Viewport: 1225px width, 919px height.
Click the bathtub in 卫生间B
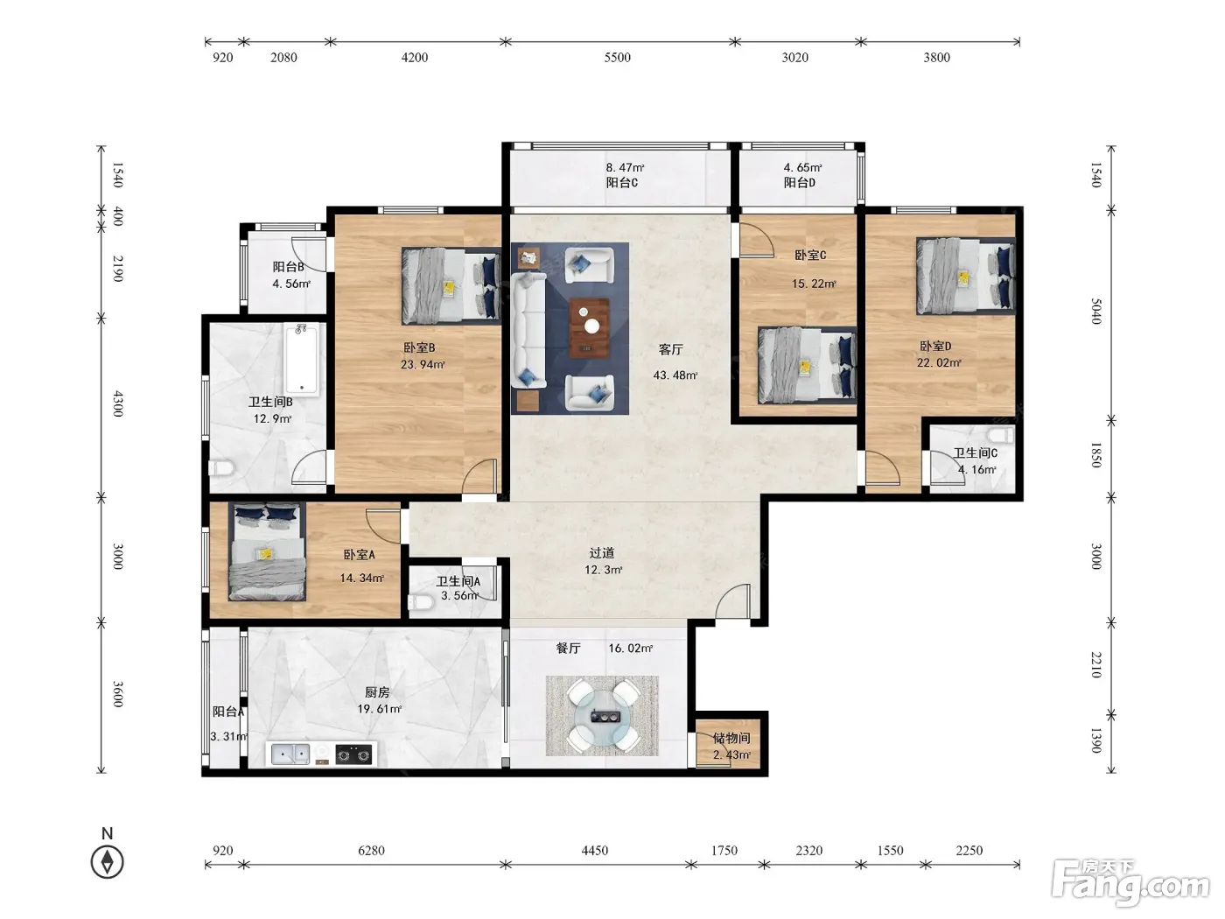(x=301, y=360)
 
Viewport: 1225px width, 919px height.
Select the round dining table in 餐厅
(x=603, y=716)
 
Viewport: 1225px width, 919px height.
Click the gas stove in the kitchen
(x=353, y=754)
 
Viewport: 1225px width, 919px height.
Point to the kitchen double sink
(x=290, y=754)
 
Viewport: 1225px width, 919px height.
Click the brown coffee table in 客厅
(x=589, y=328)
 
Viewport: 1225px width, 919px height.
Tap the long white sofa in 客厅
(x=528, y=330)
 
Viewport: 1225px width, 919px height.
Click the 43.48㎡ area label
(x=675, y=375)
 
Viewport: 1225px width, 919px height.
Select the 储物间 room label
(x=731, y=738)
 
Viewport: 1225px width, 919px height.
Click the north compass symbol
(x=107, y=862)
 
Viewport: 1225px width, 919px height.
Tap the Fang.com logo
(x=1130, y=884)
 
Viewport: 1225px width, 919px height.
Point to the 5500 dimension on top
(x=617, y=58)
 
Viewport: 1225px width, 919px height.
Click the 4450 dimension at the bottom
(x=595, y=851)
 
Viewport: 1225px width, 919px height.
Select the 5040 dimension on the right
(x=1096, y=312)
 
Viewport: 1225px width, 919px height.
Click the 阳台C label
(x=622, y=182)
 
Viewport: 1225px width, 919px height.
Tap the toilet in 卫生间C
(x=1000, y=435)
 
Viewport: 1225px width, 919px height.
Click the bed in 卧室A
(x=268, y=551)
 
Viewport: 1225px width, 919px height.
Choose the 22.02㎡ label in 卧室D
(x=939, y=362)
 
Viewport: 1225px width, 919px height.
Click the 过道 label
(x=602, y=553)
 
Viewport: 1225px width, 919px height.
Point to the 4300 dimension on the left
(x=118, y=404)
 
